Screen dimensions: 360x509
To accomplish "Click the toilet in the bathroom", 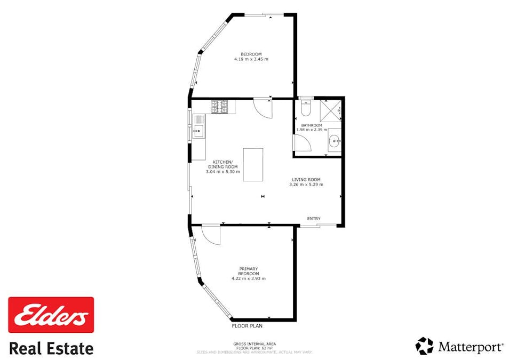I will pos(306,109).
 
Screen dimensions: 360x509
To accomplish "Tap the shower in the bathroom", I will pos(331,111).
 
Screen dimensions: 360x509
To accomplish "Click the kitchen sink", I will pos(198,130).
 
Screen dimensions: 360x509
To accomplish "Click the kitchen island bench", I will pos(253,164).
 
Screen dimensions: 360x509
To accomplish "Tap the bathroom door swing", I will pos(301,142).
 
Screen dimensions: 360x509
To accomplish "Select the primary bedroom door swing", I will pos(211,235).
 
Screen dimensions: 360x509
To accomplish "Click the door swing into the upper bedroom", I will pos(263,107).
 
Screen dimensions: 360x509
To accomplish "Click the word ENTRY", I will pos(314,219).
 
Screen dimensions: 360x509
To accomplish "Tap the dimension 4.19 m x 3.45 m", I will pos(251,59).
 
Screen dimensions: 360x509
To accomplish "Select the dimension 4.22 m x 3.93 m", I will pos(248,278).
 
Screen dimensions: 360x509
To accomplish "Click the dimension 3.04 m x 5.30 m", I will pos(222,172).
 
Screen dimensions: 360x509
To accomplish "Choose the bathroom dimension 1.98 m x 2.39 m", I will pos(312,130).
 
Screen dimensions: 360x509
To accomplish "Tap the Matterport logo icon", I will pos(425,346).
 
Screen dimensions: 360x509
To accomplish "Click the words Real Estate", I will pos(51,349).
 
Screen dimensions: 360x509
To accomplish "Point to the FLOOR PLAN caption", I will pos(247,325).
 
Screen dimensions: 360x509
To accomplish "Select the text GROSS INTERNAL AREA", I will pos(254,344).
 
